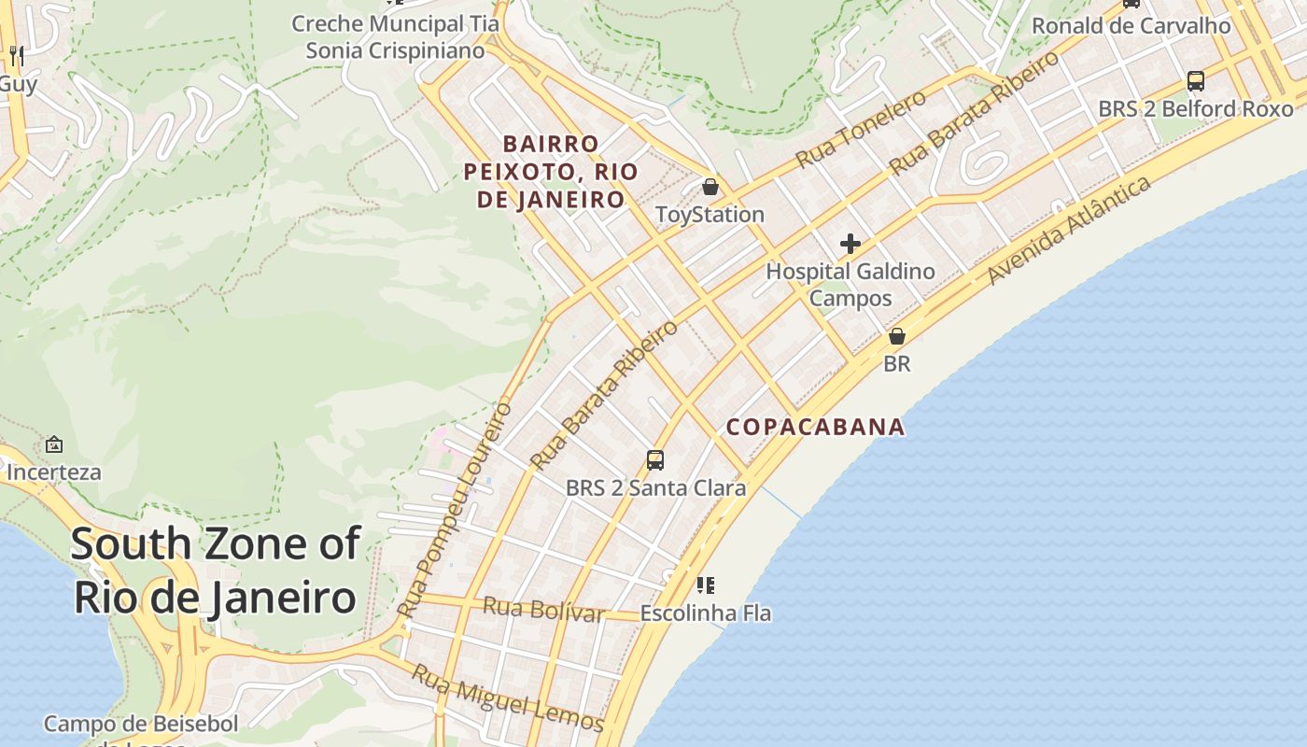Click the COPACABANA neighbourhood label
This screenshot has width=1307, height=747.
815,428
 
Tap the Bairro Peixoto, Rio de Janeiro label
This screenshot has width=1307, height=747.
551,172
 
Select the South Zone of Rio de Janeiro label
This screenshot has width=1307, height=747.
215,571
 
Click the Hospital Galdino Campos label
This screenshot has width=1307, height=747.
850,285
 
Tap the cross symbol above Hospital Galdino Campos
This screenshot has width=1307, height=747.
850,245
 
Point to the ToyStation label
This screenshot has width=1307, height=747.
710,215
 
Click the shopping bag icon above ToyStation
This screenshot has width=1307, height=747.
710,187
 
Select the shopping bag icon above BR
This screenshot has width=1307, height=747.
896,336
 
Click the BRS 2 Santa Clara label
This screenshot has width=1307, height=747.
655,488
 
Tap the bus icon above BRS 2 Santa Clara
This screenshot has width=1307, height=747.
655,459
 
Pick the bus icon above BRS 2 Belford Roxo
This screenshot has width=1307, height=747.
1196,81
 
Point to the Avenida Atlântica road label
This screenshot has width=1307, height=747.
1069,230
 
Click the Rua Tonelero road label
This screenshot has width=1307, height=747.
861,129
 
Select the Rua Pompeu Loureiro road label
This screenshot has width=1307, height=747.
455,510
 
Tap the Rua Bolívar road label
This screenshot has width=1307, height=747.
543,610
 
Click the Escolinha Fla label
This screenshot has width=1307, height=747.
706,613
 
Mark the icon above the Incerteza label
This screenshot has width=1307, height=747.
54,444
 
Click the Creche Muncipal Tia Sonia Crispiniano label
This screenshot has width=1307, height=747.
396,36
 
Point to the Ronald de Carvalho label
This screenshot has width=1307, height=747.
1131,26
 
